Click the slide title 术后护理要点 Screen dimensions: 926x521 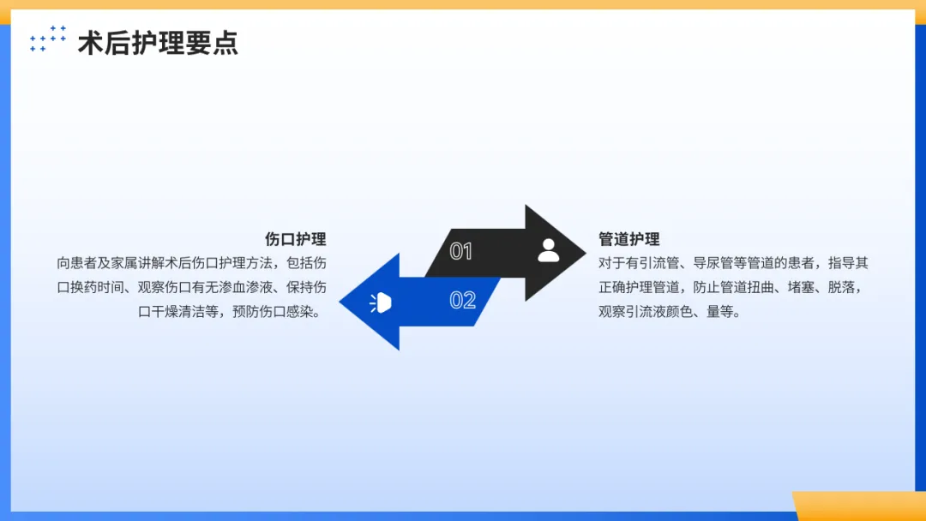[x=158, y=43]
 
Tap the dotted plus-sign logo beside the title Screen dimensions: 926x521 [x=48, y=39]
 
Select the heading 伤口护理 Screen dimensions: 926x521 [x=295, y=239]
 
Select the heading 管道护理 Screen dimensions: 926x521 [x=629, y=239]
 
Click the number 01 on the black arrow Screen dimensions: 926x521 [x=461, y=251]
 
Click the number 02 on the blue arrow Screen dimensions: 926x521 [x=463, y=300]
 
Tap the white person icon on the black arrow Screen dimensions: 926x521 [x=549, y=250]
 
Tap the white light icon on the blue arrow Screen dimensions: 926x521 [x=381, y=302]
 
